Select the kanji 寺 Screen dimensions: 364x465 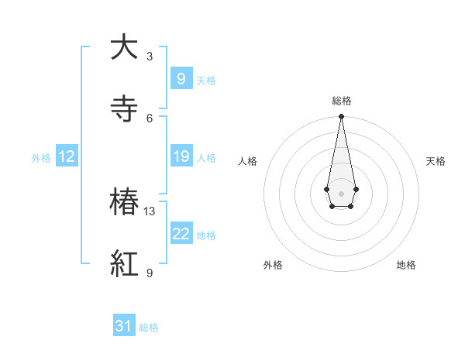124,108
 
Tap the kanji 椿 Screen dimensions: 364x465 124,203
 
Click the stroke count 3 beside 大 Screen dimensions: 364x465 150,57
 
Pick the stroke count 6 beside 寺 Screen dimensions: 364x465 150,118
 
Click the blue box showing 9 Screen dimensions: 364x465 181,78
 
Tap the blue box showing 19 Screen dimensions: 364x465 181,156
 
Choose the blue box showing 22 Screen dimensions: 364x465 181,234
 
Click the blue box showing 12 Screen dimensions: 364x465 67,156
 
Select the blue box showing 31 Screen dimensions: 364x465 124,326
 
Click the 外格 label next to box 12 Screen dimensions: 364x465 41,158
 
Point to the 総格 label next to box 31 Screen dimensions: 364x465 149,328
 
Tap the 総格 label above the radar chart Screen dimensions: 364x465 342,101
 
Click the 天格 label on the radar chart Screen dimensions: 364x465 436,161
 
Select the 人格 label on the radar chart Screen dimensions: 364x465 247,161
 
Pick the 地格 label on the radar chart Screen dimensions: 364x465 406,265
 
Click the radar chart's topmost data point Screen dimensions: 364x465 341,117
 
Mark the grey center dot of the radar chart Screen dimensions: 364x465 341,192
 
